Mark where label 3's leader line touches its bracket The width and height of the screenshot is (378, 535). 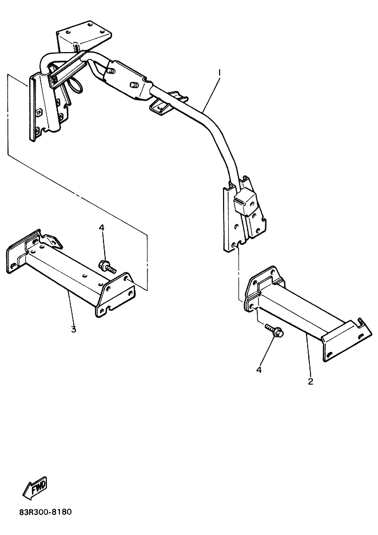pyautogui.click(x=68, y=291)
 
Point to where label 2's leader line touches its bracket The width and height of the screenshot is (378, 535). pyautogui.click(x=305, y=335)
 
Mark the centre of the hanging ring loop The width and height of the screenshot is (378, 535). pyautogui.click(x=77, y=85)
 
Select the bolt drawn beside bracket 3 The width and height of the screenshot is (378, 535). pyautogui.click(x=107, y=266)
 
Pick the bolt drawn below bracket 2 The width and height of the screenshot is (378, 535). pyautogui.click(x=274, y=329)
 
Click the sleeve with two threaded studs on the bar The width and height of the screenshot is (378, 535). pyautogui.click(x=128, y=81)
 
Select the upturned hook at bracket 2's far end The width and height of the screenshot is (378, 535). pyautogui.click(x=361, y=321)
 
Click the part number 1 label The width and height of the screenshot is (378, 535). pyautogui.click(x=220, y=73)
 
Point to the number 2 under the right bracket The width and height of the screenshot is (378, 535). pyautogui.click(x=310, y=382)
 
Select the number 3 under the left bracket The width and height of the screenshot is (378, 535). pyautogui.click(x=73, y=329)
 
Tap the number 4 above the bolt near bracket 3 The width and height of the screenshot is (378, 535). pyautogui.click(x=102, y=228)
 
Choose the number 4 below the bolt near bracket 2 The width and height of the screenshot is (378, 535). pyautogui.click(x=259, y=370)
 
